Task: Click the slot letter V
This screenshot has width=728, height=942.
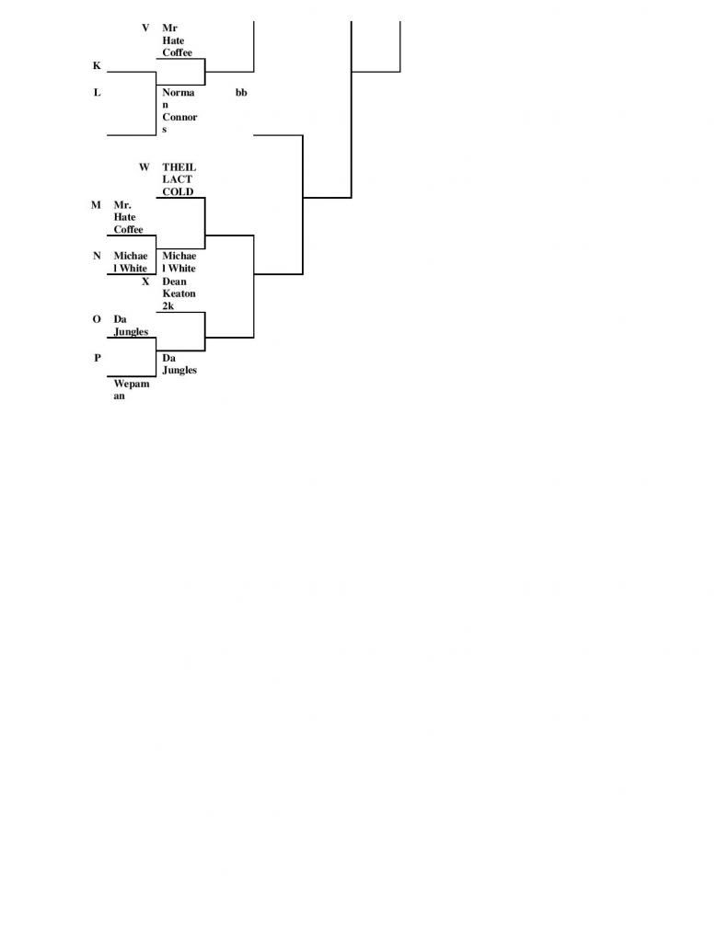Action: pos(145,28)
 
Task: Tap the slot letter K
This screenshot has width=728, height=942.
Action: pos(97,65)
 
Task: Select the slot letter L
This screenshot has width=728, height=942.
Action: pos(97,92)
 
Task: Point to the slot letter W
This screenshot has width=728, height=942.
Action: pos(144,167)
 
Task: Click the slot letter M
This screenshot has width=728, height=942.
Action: pos(97,205)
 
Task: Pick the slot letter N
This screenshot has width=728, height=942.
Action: pos(97,256)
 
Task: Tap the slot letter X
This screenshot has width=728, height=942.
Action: pos(145,281)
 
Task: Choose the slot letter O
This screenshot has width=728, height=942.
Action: pos(97,319)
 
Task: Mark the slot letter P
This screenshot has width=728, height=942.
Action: pos(98,358)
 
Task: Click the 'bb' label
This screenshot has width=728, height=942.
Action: pos(241,92)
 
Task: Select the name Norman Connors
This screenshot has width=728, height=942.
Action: pos(179,110)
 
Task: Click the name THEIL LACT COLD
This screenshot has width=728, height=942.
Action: pos(179,179)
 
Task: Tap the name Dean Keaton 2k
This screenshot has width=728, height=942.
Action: pos(179,293)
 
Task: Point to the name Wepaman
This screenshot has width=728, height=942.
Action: pos(131,389)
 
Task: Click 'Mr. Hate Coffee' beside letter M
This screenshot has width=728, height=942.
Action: pos(128,217)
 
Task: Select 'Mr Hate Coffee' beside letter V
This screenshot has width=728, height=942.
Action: pos(177,40)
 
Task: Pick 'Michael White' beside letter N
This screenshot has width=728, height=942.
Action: pos(131,262)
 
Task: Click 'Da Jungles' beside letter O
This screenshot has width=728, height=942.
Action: pos(131,325)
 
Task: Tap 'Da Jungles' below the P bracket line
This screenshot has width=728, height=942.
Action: pos(179,363)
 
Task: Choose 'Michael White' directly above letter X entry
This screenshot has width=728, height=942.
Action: pos(179,262)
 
